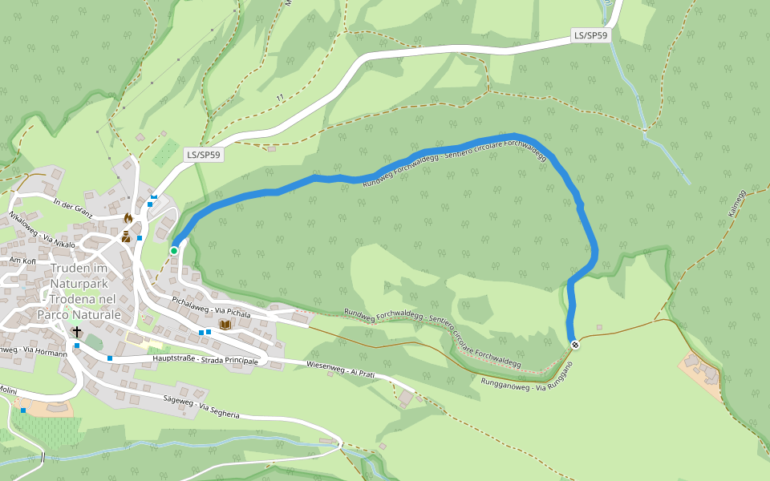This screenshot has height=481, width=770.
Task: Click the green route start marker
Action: (x=174, y=251)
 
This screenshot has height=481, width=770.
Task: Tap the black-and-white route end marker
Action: (x=574, y=345)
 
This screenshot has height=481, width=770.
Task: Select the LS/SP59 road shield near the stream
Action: (x=591, y=35)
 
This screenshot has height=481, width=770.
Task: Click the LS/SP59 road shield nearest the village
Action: (x=204, y=155)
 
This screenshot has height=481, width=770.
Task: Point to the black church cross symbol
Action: (x=77, y=332)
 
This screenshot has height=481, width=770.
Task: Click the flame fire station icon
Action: (x=128, y=218)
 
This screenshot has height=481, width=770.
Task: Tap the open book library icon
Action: (x=225, y=324)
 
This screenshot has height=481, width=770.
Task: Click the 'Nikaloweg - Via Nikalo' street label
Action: (x=43, y=230)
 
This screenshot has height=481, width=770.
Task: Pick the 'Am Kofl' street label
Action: (x=22, y=261)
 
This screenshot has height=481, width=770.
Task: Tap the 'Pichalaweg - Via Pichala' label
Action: (x=211, y=307)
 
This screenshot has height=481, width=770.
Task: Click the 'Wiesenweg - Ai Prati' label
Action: (x=340, y=370)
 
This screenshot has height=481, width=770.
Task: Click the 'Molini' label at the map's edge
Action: (x=10, y=390)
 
